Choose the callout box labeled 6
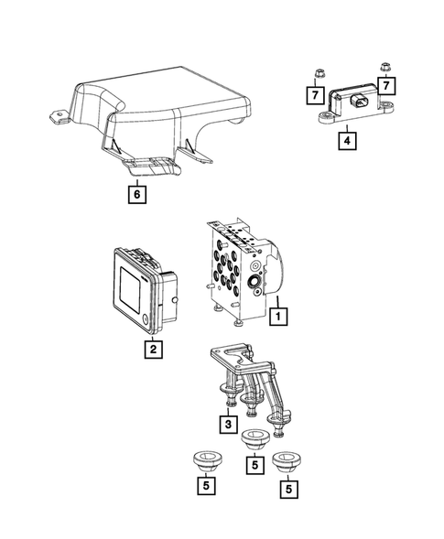pyautogui.click(x=137, y=194)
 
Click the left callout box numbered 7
pyautogui.click(x=313, y=94)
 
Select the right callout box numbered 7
pyautogui.click(x=387, y=85)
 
